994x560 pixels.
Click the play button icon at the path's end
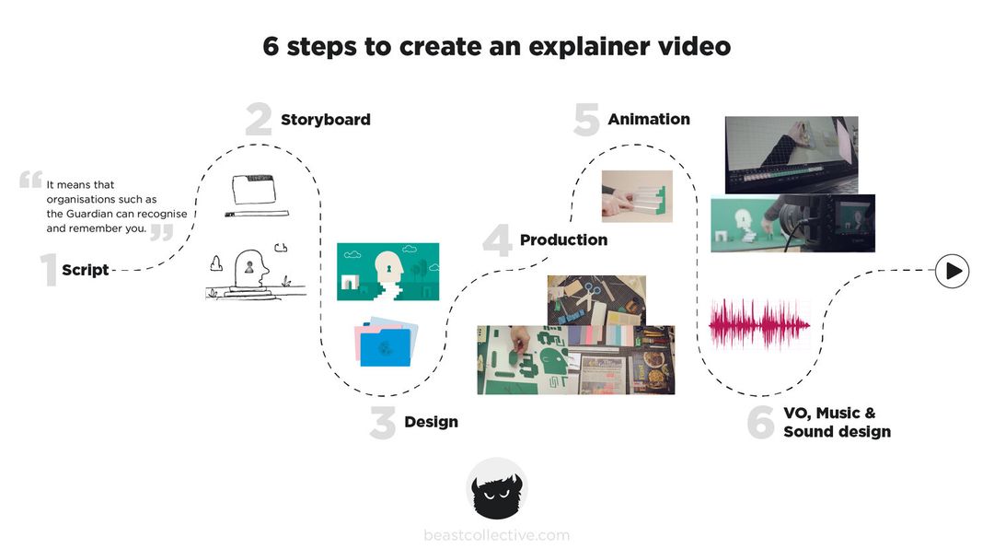click(x=953, y=271)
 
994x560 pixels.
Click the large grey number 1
click(x=48, y=271)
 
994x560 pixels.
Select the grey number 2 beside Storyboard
click(x=259, y=120)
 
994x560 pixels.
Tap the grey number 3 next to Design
click(x=383, y=423)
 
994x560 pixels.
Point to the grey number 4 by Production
click(x=497, y=240)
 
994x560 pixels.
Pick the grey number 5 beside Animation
click(x=586, y=120)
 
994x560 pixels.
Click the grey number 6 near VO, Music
click(x=760, y=423)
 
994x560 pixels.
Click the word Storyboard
click(x=325, y=120)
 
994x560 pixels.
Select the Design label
click(x=431, y=423)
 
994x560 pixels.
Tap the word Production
click(x=563, y=240)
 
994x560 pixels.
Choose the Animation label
click(x=648, y=119)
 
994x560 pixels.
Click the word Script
click(x=85, y=271)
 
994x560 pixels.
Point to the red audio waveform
click(x=759, y=324)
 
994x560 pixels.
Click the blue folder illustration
click(x=383, y=345)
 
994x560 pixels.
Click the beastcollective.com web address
click(x=497, y=535)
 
